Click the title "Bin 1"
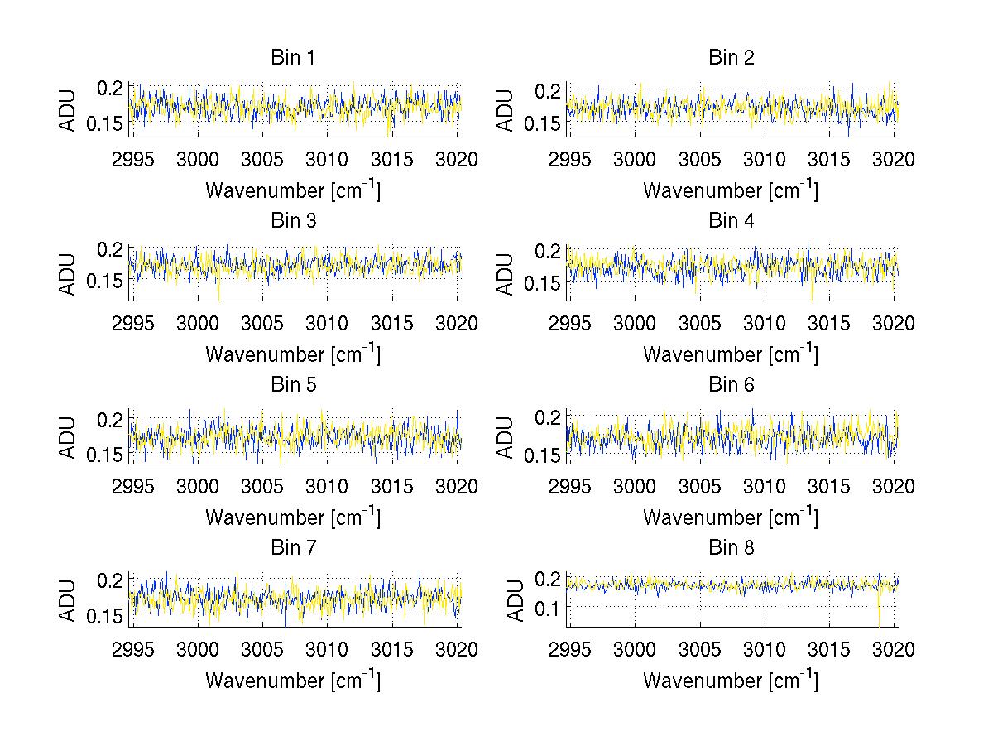[x=293, y=58]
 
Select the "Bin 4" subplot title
[x=732, y=221]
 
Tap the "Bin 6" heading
[x=732, y=384]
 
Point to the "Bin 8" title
[x=732, y=547]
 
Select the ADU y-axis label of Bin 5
[x=68, y=436]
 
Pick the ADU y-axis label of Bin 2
[x=506, y=109]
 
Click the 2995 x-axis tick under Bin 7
[x=132, y=649]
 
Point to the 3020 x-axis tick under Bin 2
[x=894, y=159]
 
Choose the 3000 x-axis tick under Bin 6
[x=636, y=486]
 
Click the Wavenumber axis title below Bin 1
[x=293, y=190]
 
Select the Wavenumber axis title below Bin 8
[x=732, y=681]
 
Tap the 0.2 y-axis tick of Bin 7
[x=111, y=579]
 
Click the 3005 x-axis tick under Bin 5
[x=262, y=486]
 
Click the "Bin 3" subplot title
[x=293, y=221]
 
